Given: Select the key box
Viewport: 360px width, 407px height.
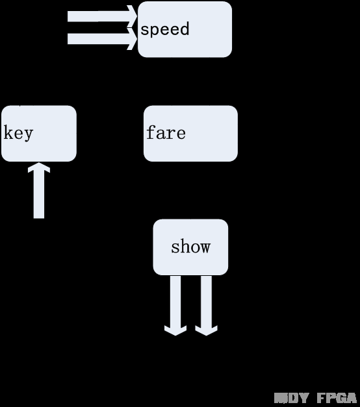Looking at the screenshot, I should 39,133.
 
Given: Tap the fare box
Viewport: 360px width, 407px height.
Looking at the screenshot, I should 190,133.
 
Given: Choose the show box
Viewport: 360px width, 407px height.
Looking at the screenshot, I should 190,247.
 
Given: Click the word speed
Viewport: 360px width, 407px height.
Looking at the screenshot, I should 165,29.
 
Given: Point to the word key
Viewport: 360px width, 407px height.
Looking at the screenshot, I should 18,133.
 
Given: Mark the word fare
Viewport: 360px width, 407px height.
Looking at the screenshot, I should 166,133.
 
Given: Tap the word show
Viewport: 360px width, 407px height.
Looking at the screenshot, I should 190,247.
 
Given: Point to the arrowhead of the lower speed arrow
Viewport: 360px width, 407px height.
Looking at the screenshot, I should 133,39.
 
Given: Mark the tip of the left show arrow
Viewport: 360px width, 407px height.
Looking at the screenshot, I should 175,332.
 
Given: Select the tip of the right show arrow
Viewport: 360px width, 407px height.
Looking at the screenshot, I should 206,332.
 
